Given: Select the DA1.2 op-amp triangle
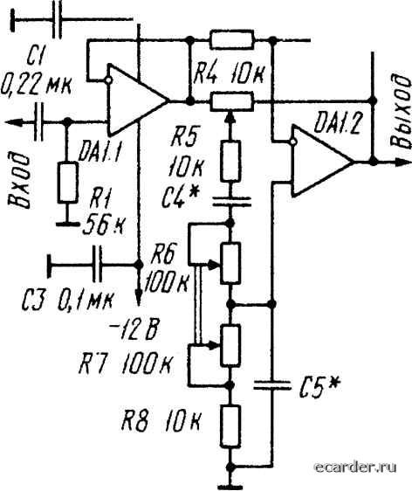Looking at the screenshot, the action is click(x=322, y=162).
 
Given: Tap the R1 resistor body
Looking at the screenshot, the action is click(x=68, y=183).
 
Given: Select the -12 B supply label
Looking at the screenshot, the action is click(x=133, y=330).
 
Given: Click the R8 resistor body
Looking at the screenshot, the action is click(x=230, y=425).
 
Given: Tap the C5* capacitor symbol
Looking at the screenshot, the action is click(x=271, y=384).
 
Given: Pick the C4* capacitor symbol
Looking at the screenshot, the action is click(x=230, y=202).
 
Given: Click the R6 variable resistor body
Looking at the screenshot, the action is click(x=230, y=263).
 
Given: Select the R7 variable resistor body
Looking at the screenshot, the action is click(x=230, y=346).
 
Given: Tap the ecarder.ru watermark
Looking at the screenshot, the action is click(x=356, y=467).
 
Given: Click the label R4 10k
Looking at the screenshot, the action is click(x=229, y=75).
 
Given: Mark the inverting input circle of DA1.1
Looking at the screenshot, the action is click(x=108, y=80).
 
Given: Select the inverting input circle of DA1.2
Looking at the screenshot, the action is click(x=293, y=142).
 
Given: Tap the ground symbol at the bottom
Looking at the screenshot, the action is click(x=230, y=487).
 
